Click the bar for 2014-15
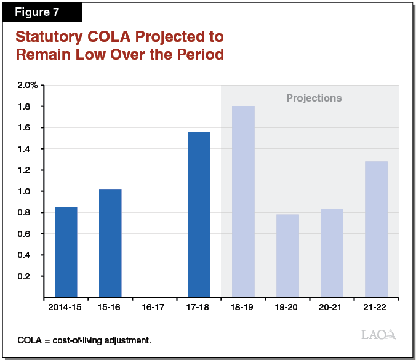tap(66, 252)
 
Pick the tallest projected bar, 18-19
tap(243, 201)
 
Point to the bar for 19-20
tap(287, 255)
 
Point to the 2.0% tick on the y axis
tap(26, 85)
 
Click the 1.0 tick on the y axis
tap(31, 191)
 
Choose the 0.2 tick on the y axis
tap(31, 276)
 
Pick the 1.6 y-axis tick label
tap(31, 127)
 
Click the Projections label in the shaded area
tap(314, 98)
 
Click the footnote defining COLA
tap(85, 339)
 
